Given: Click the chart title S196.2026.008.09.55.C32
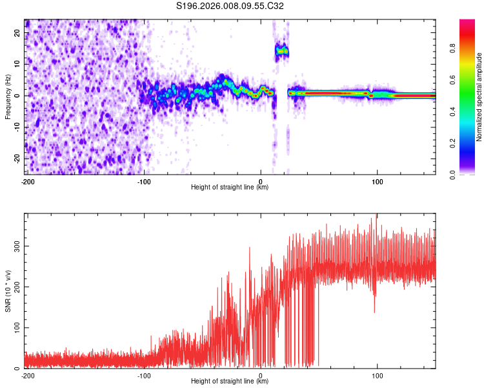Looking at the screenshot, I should (x=230, y=6).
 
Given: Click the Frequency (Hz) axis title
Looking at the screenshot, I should (x=8, y=96).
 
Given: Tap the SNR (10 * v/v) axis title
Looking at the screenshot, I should (x=8, y=290).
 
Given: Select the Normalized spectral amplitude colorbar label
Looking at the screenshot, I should (x=479, y=96).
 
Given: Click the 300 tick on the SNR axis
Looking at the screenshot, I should (x=15, y=246).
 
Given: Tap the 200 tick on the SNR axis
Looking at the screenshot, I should (x=15, y=287).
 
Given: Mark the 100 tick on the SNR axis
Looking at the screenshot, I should (x=15, y=328).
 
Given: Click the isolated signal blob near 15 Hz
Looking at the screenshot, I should (x=281, y=50).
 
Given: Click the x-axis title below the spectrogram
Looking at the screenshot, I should (x=230, y=188).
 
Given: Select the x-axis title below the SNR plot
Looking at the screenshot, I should (x=230, y=382).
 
